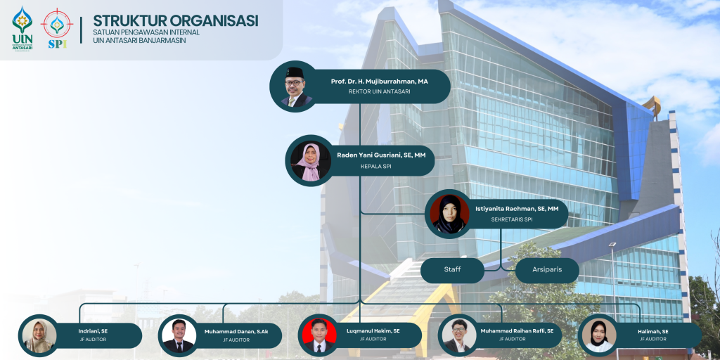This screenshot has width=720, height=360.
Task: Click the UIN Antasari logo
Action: click(22, 28)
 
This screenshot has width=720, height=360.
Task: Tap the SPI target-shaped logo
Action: click(57, 28)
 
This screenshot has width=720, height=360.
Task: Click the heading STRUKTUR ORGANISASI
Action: click(175, 20)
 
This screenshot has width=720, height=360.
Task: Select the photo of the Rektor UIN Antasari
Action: click(293, 86)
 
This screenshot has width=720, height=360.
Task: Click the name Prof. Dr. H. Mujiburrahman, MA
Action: click(379, 82)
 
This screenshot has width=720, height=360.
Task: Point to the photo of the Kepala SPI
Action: click(310, 160)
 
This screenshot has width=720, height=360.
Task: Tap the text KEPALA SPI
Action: click(375, 166)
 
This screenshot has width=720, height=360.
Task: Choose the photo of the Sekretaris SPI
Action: click(449, 214)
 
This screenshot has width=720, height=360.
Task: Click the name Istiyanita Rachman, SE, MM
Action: click(517, 208)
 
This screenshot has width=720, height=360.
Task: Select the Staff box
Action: click(452, 270)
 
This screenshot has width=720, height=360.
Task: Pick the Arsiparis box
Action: click(547, 270)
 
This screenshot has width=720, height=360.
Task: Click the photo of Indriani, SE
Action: click(39, 335)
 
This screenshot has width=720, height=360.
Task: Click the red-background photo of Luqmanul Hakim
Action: click(319, 335)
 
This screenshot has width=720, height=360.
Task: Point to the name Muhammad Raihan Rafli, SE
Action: click(517, 330)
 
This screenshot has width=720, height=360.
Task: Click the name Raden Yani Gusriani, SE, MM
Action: click(381, 155)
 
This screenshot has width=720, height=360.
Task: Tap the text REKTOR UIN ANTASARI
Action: click(379, 91)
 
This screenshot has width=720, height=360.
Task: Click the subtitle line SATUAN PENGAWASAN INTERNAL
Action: click(146, 32)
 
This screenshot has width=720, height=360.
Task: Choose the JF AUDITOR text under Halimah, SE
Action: click(653, 339)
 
